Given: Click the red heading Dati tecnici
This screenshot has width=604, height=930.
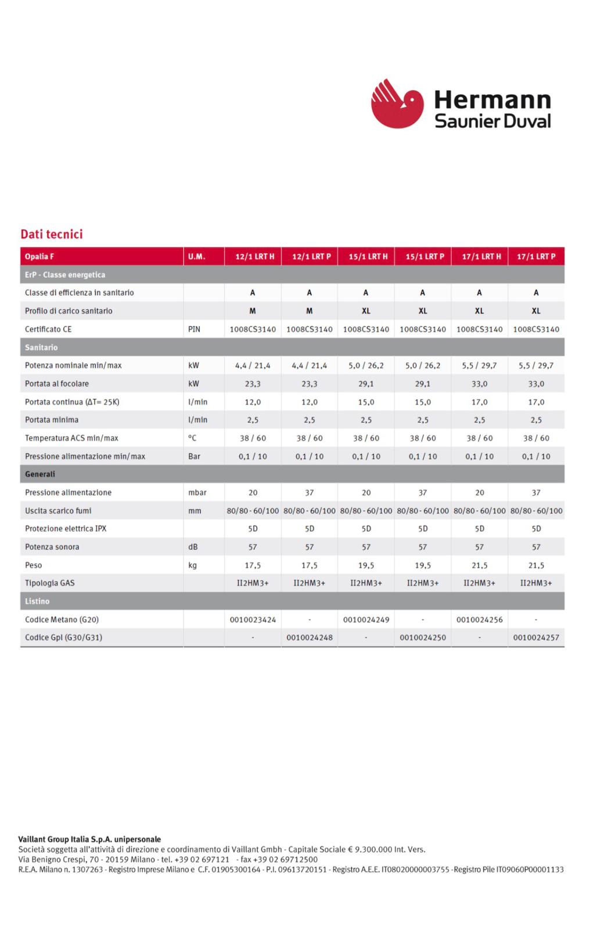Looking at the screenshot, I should point(52,234).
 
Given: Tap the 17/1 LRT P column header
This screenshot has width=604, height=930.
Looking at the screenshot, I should point(536,256).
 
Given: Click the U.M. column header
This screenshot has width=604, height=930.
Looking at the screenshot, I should point(196,256).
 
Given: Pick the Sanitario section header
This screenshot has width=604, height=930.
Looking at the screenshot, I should point(41,348).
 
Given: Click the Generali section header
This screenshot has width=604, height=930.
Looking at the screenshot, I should point(40,474).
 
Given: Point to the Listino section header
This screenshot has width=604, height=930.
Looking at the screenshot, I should point(37,601).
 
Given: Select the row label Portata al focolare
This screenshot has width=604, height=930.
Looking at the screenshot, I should point(57,384).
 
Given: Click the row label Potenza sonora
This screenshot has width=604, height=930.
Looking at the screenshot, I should point(52,547).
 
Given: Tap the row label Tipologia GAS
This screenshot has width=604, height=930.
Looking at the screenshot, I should point(50,583).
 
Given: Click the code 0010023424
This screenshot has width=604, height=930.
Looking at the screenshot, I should point(253,620).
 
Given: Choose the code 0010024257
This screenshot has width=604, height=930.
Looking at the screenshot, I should point(536,638).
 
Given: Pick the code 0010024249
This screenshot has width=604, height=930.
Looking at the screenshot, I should point(366,620).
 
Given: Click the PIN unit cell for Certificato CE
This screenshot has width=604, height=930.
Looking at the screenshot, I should point(194,329).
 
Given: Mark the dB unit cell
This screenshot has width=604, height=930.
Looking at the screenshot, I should point(193,547).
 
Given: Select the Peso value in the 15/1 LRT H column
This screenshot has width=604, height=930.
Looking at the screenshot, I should point(366,565).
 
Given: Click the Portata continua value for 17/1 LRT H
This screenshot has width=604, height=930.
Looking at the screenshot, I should point(479,402).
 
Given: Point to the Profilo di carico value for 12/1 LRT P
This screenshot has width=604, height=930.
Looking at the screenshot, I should point(309,311).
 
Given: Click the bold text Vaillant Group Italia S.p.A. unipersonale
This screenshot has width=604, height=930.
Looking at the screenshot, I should point(89,839).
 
